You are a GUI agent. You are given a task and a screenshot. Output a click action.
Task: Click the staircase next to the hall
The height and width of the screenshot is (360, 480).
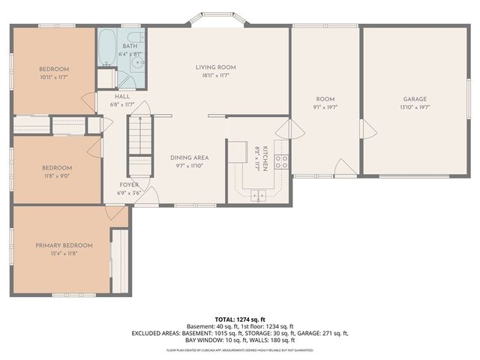point(139,142)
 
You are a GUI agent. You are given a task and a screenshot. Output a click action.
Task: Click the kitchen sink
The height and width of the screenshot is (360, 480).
point(258,196)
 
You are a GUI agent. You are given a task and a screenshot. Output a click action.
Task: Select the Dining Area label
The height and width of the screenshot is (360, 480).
point(189,157)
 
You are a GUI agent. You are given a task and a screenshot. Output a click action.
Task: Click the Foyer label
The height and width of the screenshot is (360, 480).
point(129,184)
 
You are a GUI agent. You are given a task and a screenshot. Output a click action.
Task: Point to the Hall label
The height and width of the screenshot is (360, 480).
point(122,97)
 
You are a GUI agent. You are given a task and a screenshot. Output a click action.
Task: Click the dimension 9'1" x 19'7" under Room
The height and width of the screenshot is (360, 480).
point(325,107)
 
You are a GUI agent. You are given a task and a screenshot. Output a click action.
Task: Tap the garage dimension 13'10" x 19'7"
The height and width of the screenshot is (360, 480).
point(415,107)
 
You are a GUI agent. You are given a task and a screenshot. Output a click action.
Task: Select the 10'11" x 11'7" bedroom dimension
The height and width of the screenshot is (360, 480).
point(54,77)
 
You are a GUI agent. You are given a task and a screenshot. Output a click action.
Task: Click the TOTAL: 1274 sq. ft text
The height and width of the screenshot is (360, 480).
point(240,319)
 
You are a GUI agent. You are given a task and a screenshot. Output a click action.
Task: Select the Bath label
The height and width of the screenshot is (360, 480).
point(130,46)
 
